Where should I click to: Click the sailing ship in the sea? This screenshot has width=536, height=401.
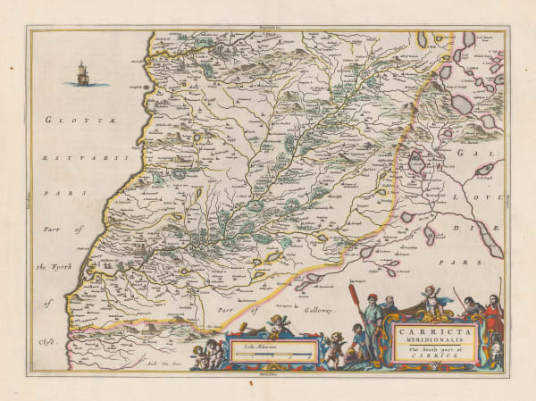point(83,73)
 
